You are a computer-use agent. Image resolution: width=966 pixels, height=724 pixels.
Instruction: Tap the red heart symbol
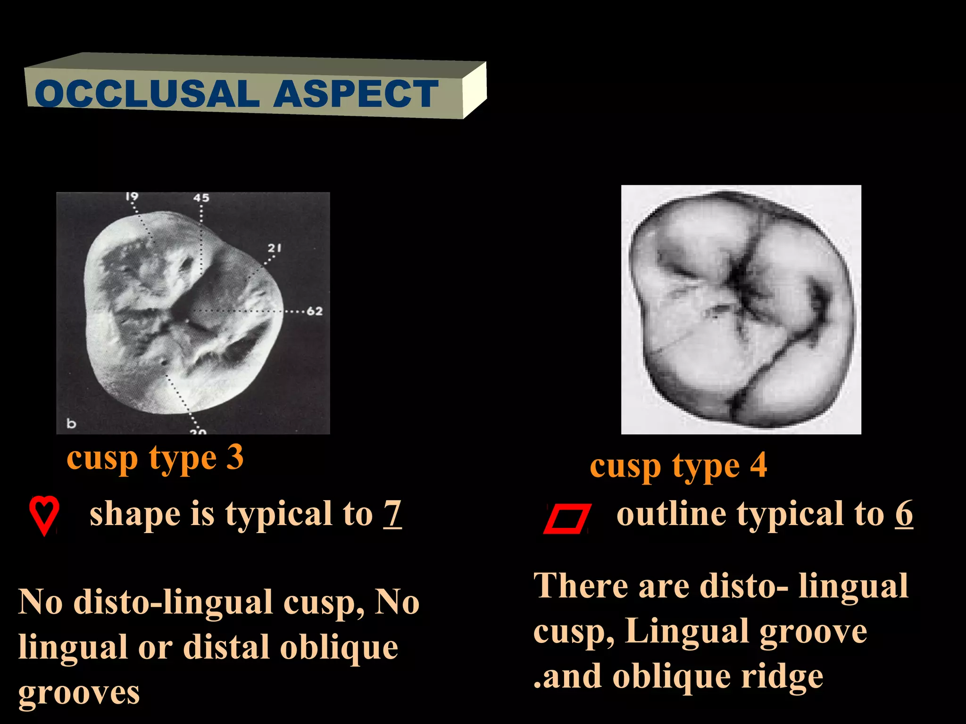44,514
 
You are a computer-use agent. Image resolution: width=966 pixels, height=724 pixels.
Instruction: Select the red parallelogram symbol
567,518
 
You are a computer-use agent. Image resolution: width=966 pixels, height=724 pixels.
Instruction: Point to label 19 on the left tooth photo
132,196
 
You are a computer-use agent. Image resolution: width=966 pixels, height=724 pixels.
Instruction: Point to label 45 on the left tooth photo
201,197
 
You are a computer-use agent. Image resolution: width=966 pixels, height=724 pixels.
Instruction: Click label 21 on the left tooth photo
275,247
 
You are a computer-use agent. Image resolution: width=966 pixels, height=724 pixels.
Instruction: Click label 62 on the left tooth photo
315,311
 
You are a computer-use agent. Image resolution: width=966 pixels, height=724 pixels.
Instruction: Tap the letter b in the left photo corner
71,423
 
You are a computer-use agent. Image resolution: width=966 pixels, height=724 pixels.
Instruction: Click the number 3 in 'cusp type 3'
234,457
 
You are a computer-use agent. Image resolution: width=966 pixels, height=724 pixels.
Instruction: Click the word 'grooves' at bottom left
79,693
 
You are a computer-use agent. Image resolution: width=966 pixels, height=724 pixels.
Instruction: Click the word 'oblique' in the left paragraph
339,648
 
